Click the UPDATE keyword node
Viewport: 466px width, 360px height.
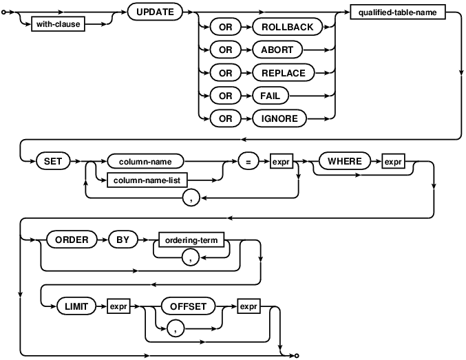(155, 12)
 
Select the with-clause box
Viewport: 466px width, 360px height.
(58, 24)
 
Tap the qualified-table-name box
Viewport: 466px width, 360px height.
(398, 12)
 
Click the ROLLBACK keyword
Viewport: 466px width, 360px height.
(288, 27)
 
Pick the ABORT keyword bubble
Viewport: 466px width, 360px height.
(277, 50)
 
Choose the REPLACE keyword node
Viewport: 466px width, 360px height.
(283, 73)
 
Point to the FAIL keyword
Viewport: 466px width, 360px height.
(270, 96)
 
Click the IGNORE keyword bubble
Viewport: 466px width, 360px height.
(279, 118)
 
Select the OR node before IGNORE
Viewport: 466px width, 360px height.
(225, 118)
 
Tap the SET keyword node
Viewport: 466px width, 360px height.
(53, 162)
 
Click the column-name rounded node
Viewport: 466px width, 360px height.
(145, 162)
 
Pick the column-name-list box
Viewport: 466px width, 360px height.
(147, 180)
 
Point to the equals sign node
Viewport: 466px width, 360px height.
(248, 162)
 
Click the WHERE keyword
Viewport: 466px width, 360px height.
(345, 162)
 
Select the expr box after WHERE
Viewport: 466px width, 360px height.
(393, 162)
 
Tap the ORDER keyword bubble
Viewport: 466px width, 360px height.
(72, 240)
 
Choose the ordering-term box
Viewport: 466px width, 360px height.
(191, 240)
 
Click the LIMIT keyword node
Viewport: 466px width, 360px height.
(76, 306)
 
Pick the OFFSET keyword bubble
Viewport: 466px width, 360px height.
(188, 306)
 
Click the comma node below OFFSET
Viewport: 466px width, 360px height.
(176, 329)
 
